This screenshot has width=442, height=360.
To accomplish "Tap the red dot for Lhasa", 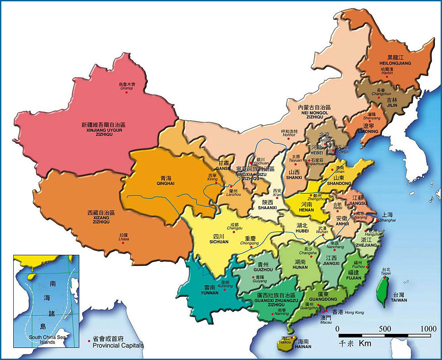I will [x=123, y=242].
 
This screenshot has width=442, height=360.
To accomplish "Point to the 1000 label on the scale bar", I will [x=428, y=329].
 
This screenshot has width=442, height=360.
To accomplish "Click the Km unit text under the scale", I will [x=364, y=343].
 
